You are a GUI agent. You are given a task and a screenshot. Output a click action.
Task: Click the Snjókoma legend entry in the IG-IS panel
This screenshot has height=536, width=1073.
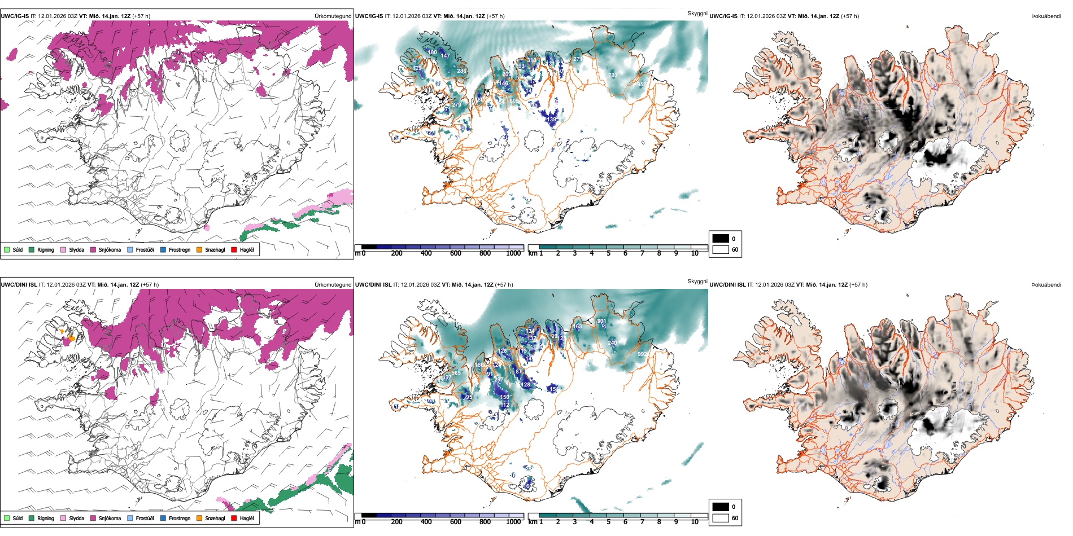point(110,249)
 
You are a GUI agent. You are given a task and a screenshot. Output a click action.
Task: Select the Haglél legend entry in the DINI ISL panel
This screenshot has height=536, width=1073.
point(247,518)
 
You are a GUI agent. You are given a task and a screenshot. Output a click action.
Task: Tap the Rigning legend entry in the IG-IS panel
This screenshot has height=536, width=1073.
point(45,249)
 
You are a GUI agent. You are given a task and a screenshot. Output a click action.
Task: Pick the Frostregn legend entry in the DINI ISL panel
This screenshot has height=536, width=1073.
point(180,518)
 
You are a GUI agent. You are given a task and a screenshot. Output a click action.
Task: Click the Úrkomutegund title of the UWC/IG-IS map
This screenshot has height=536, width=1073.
point(333,16)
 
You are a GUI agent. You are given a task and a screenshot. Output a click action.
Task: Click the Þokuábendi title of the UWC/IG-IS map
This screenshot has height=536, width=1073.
point(1046,16)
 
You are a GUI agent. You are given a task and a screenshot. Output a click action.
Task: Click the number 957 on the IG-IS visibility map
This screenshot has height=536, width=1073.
point(642,84)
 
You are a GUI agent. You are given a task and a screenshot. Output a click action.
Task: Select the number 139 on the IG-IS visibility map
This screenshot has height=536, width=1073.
point(551,120)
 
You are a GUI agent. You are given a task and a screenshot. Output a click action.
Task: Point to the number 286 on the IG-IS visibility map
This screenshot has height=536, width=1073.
point(461,71)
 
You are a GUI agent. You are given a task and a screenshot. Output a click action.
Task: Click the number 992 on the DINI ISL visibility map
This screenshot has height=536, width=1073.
point(642,354)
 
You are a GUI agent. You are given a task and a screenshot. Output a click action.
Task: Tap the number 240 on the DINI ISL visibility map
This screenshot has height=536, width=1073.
point(612,342)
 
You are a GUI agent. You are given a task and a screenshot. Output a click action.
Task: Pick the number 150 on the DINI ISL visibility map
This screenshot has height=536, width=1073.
point(504,397)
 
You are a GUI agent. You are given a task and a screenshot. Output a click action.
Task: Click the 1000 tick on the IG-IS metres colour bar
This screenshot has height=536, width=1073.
point(513,253)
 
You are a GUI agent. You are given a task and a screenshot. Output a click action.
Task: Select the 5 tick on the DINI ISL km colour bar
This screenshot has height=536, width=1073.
point(608,522)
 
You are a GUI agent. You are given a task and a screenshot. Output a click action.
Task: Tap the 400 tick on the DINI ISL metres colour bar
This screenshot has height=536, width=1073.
point(426,522)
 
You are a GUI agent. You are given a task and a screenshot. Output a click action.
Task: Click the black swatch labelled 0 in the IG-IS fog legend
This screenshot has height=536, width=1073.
point(721,239)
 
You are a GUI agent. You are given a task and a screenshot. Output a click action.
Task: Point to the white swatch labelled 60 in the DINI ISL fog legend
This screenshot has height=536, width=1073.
point(721,518)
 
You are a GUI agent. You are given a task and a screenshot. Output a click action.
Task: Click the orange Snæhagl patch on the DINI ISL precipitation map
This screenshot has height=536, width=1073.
point(71,338)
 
